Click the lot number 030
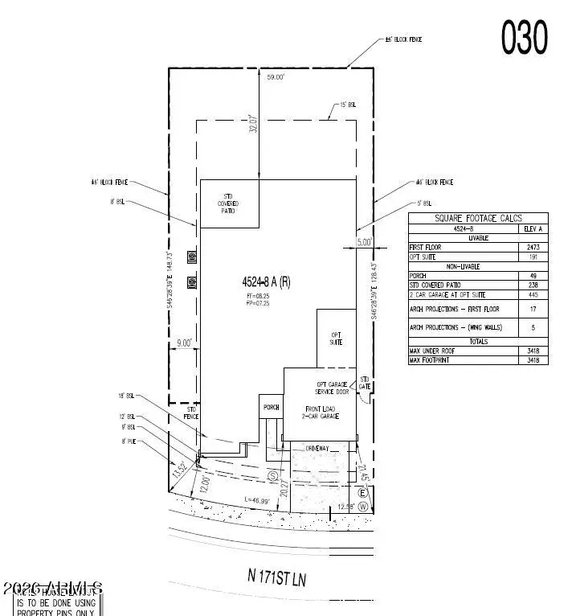point(525,38)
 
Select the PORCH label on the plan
point(271,408)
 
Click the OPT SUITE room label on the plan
point(336,339)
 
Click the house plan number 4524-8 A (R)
point(271,282)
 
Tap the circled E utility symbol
point(362,492)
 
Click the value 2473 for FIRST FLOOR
point(533,248)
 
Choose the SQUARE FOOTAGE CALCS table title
point(478,218)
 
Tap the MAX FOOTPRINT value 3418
point(533,359)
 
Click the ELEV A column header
point(533,228)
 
